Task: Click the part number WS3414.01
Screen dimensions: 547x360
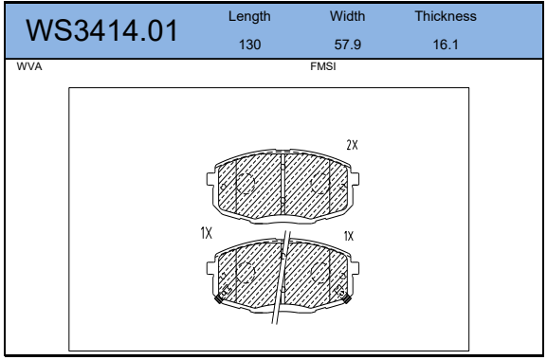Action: [101, 30]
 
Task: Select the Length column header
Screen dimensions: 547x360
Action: [249, 16]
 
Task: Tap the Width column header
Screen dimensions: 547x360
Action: [348, 16]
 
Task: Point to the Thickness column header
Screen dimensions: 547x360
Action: [446, 16]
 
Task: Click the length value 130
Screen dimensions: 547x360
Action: [249, 45]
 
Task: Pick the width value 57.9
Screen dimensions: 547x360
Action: [348, 45]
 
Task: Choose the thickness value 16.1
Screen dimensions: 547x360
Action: [446, 45]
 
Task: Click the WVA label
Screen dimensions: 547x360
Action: [29, 66]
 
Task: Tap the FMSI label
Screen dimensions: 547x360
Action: [323, 66]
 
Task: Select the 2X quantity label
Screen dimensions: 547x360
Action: [352, 145]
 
